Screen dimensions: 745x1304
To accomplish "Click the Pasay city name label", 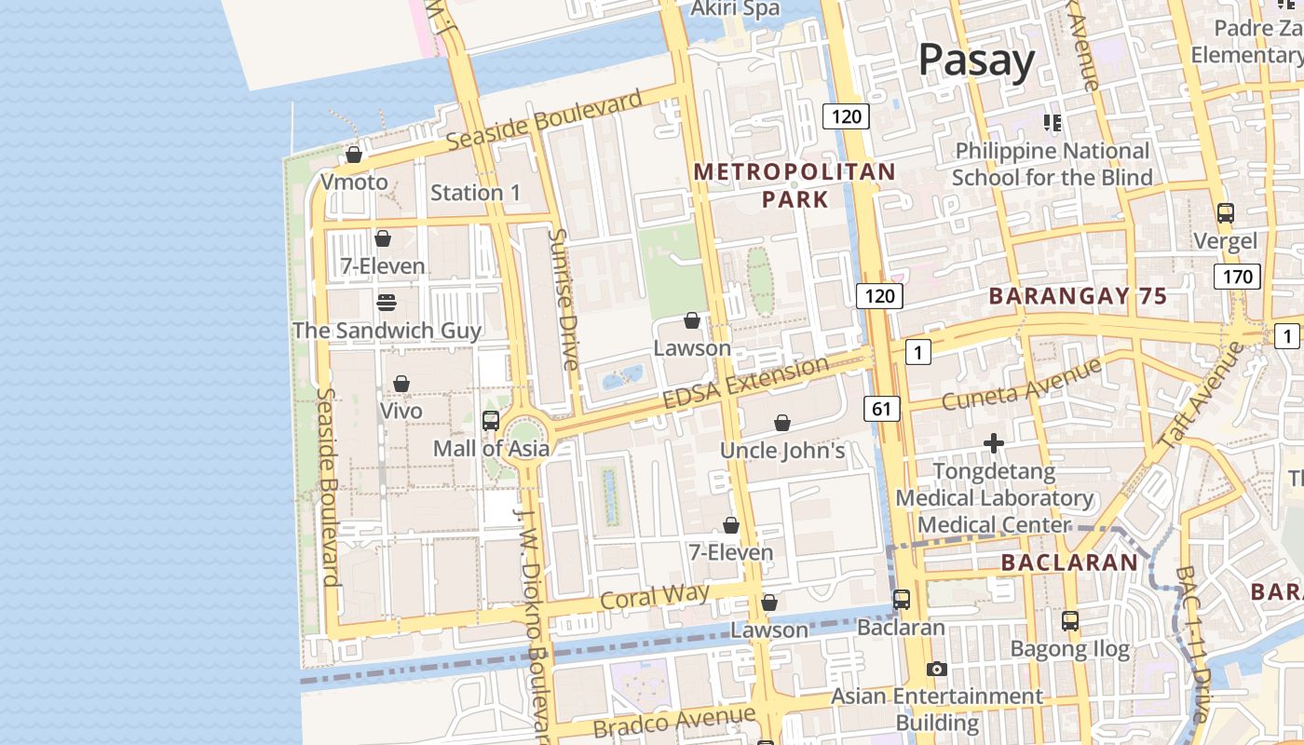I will (x=976, y=61).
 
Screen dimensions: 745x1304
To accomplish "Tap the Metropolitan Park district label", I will (x=795, y=185).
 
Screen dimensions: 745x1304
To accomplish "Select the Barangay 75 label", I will (x=1078, y=296).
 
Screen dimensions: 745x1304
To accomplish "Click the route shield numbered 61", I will (x=882, y=408).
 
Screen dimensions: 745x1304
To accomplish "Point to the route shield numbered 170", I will (x=1237, y=276).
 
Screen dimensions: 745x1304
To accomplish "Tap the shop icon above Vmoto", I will (x=354, y=155).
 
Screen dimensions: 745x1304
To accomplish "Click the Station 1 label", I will (x=475, y=193).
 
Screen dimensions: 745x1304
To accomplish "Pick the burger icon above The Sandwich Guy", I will (x=387, y=303).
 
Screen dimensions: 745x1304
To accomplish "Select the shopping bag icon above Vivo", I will (x=401, y=384).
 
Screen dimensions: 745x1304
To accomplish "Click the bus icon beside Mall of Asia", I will (x=491, y=421).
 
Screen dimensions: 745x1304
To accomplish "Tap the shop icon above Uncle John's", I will (x=782, y=423).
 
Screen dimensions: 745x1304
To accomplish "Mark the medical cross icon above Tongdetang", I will (x=994, y=443).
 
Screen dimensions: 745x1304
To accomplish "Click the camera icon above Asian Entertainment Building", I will (x=937, y=669).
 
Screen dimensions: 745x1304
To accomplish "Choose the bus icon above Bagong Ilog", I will (x=1070, y=620).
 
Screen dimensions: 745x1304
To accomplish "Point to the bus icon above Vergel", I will (x=1226, y=213).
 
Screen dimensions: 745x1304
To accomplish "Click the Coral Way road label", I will (x=655, y=596).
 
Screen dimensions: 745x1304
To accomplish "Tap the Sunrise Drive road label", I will (x=564, y=299).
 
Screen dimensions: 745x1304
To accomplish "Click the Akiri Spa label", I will (x=735, y=8).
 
